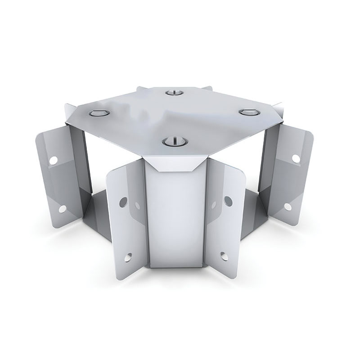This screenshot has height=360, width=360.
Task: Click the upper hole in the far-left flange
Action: pos(53,160)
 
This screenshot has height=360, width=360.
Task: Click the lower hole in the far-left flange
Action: pos(63,208)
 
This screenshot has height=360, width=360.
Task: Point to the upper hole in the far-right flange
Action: pos(296,158)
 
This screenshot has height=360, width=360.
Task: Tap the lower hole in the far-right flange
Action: pos(287,207)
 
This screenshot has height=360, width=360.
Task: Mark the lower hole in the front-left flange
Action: pos(129,257)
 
